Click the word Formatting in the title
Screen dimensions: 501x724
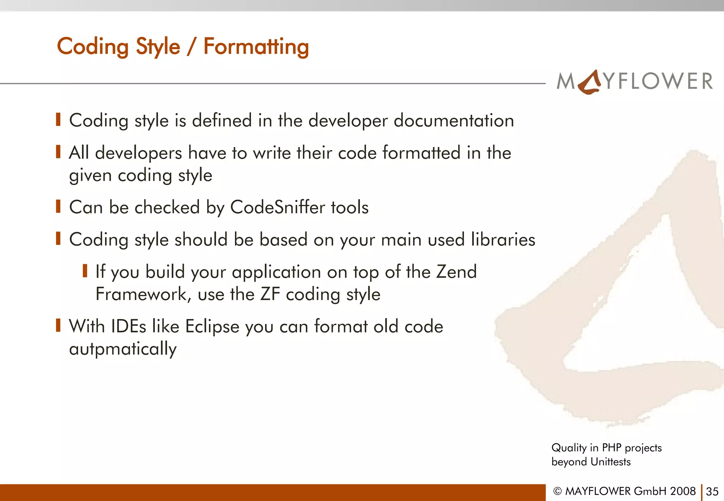[x=256, y=47]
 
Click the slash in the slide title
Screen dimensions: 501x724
[x=191, y=47]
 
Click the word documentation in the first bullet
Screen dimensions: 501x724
[x=454, y=121]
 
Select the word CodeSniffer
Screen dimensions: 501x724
[x=278, y=207]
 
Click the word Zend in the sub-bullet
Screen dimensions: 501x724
[x=456, y=272]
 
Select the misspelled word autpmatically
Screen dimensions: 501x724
[x=123, y=349]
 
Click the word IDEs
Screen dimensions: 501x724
[x=128, y=326]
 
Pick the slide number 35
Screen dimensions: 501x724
[x=712, y=491]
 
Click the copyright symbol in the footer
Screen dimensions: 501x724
[x=557, y=491]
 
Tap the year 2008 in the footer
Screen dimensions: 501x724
[x=683, y=491]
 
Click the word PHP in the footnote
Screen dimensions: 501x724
[x=611, y=448]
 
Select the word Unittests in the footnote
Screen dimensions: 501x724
[x=611, y=462]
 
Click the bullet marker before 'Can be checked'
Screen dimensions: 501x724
[x=58, y=206]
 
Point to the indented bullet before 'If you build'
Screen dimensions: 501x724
[x=85, y=271]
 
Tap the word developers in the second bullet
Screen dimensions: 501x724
[x=138, y=153]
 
